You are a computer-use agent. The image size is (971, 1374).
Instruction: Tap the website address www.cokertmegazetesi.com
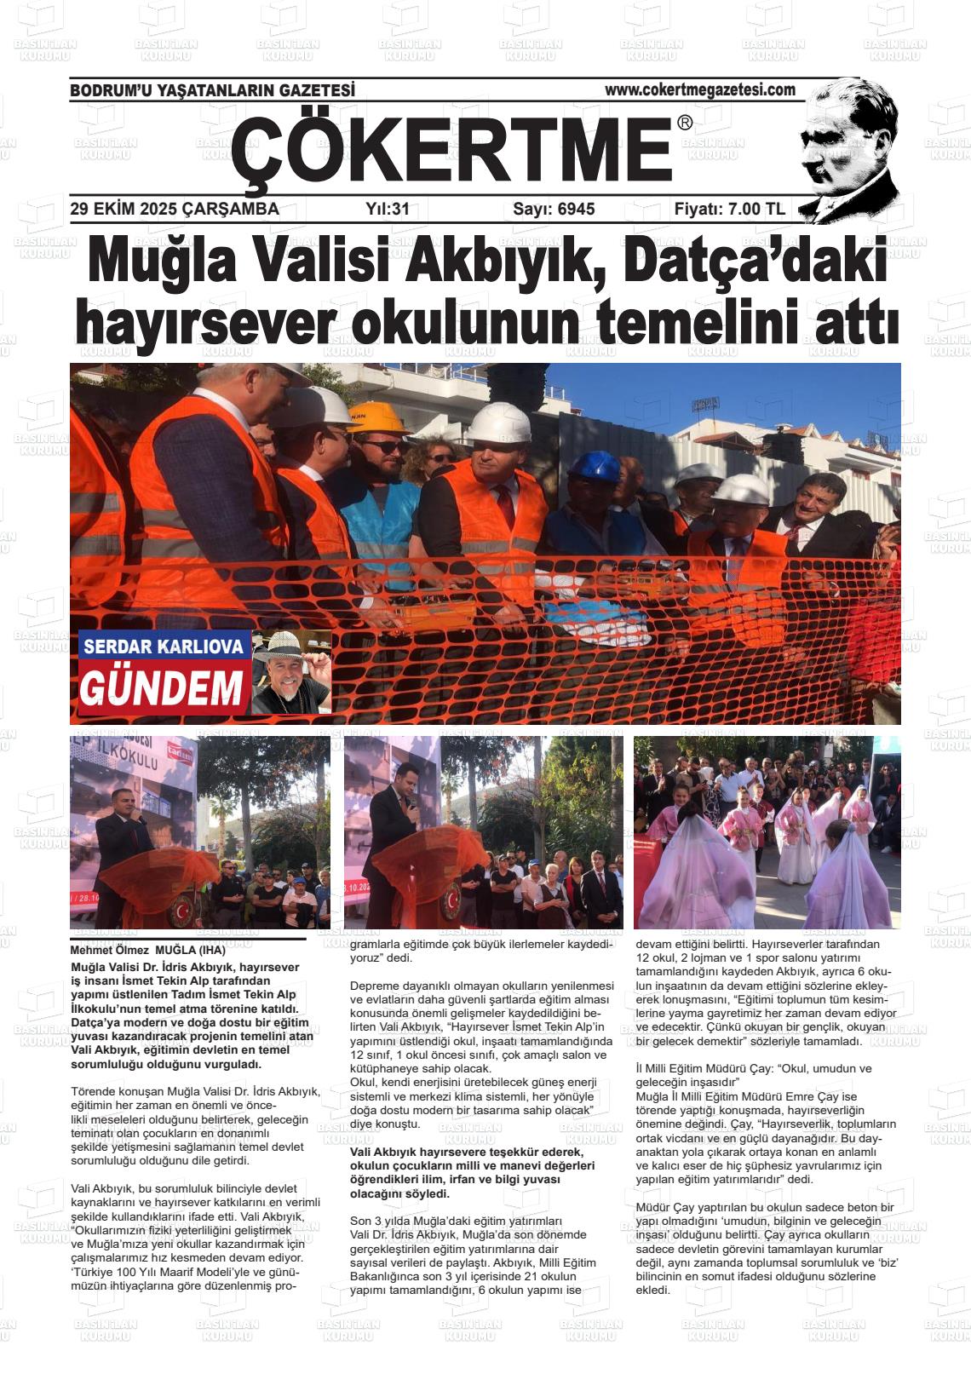pyautogui.click(x=699, y=89)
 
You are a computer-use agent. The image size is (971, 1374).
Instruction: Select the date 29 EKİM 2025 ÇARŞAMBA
pyautogui.click(x=175, y=209)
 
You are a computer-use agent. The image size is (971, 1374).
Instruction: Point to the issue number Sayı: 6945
pyautogui.click(x=554, y=209)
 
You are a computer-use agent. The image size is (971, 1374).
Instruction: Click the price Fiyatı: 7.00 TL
pyautogui.click(x=729, y=209)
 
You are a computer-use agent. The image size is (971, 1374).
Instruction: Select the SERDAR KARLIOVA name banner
pyautogui.click(x=164, y=647)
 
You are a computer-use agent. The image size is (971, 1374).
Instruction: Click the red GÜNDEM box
pyautogui.click(x=162, y=688)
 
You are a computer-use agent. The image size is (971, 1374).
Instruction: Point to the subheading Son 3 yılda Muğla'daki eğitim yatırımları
pyautogui.click(x=456, y=1221)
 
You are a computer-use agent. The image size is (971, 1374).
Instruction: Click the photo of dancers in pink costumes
pyautogui.click(x=767, y=832)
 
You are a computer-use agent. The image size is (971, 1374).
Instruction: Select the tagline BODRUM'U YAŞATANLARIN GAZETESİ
pyautogui.click(x=212, y=90)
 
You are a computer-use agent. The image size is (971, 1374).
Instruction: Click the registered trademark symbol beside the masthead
pyautogui.click(x=685, y=124)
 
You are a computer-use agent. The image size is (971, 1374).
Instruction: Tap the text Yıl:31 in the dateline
pyautogui.click(x=388, y=209)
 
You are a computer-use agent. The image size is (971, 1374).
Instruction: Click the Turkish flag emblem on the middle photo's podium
pyautogui.click(x=450, y=896)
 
